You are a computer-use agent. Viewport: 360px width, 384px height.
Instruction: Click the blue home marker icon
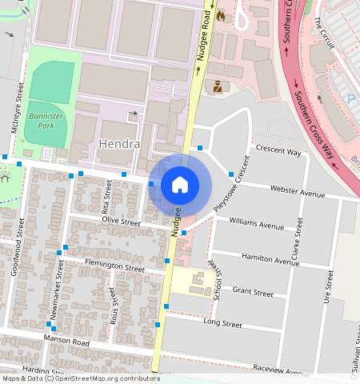(180, 185)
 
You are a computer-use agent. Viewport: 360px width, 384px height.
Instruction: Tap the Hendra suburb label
(119, 145)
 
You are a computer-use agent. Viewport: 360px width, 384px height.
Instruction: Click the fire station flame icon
(220, 15)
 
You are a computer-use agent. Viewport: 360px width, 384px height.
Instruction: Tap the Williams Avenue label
(256, 222)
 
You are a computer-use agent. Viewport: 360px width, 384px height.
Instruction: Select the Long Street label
(222, 324)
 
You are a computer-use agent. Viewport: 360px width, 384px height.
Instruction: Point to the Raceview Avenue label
(280, 370)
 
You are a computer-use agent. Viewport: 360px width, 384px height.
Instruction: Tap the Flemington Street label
(106, 265)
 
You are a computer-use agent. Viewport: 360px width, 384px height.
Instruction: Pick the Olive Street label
(121, 219)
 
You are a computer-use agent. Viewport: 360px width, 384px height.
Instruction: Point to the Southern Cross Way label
(314, 123)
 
